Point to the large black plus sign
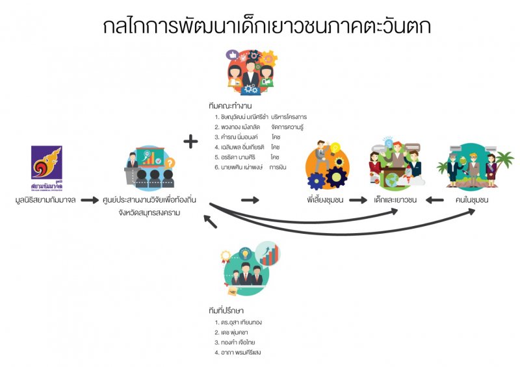(190, 141)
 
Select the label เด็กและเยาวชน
(396, 200)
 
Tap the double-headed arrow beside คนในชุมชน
(435, 200)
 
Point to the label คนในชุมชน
(473, 200)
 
